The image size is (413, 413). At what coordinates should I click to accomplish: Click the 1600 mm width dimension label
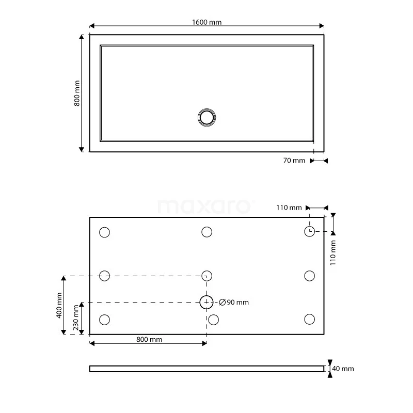[206, 22]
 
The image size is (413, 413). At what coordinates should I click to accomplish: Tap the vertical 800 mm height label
[77, 93]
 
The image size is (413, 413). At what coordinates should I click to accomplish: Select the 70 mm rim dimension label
[294, 161]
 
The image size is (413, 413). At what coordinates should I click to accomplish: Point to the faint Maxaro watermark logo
[205, 207]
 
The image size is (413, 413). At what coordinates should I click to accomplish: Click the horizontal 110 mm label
[289, 208]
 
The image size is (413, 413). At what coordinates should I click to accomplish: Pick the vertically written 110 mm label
[333, 252]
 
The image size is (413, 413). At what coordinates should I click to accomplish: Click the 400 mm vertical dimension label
[59, 305]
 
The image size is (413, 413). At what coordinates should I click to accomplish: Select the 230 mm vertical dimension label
[76, 318]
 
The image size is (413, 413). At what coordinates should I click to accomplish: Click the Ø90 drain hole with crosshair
[206, 302]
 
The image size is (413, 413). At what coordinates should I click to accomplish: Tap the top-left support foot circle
[104, 232]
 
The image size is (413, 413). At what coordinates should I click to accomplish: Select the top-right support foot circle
[309, 231]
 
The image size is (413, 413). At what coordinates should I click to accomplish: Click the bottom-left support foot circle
[104, 320]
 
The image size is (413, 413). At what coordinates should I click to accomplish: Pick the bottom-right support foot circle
[309, 320]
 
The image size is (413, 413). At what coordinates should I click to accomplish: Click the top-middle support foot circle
[206, 232]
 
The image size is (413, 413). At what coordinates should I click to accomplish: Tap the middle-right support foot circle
[309, 276]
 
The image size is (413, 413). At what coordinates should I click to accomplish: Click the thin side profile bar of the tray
[206, 369]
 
